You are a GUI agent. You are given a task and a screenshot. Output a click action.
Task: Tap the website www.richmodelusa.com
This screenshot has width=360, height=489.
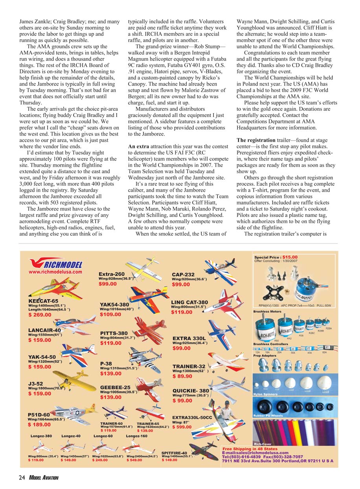[x=55, y=271]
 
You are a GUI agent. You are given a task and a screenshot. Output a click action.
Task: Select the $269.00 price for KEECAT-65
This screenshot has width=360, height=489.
[x=40, y=315]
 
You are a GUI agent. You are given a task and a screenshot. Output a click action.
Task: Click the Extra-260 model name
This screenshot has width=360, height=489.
[x=112, y=274]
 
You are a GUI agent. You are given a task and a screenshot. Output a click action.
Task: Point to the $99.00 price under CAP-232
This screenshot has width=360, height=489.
[x=181, y=284]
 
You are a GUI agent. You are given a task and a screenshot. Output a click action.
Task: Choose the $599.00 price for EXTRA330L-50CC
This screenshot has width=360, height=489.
[x=182, y=427]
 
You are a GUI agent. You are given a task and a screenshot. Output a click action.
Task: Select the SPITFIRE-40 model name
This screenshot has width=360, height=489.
[x=177, y=452]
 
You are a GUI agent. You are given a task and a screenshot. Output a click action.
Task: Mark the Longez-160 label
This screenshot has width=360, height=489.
[x=137, y=436]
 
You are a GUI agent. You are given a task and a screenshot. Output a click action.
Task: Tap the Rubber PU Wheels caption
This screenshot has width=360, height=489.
[x=268, y=416]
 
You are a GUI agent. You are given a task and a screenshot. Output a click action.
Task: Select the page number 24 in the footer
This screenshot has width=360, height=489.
[x=22, y=477]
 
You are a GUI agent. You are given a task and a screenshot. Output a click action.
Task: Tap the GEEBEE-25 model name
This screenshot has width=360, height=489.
[x=115, y=387]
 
